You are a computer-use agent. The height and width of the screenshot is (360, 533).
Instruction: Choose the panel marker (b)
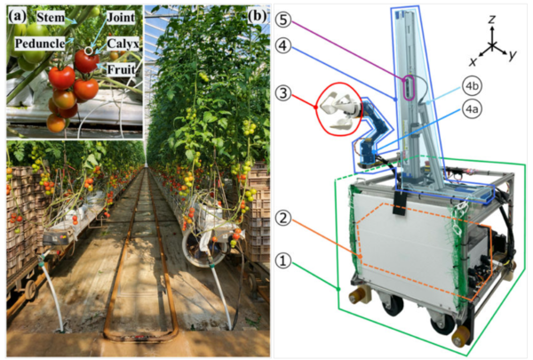257,15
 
